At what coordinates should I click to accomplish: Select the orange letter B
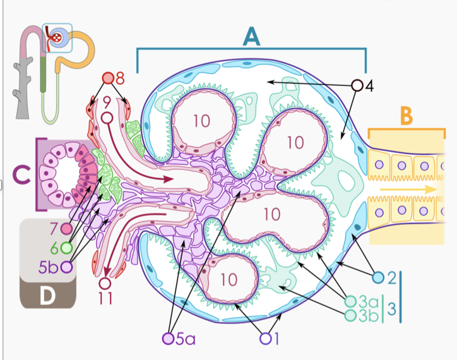click(407, 116)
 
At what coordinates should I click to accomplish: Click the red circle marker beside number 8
click(109, 78)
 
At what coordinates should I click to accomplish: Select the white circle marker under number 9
click(107, 118)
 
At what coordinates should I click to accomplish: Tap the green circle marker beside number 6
click(66, 247)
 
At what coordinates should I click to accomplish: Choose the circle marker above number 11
click(105, 283)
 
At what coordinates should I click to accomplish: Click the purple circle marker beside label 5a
click(168, 339)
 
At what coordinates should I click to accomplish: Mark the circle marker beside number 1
click(265, 339)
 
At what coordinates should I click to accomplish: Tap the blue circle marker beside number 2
click(379, 277)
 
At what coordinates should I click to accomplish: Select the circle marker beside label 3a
click(350, 301)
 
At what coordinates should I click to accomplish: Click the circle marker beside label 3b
click(350, 314)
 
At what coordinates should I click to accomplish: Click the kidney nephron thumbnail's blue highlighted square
click(57, 37)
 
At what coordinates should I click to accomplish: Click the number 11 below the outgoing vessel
click(105, 299)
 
